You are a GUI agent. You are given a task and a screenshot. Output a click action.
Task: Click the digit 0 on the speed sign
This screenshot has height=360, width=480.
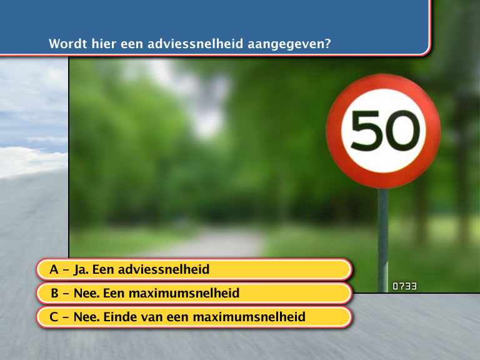[403, 131]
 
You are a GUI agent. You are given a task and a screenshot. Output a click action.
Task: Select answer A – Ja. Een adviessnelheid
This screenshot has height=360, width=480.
[194, 269]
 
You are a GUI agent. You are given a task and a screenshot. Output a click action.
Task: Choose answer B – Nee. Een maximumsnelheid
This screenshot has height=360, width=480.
[194, 293]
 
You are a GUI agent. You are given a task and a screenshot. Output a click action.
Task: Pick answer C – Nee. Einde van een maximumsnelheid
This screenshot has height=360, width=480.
[194, 317]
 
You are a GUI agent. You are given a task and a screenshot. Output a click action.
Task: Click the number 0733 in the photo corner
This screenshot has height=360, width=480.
[404, 286]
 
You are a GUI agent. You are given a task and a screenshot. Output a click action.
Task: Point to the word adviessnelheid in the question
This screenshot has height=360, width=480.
[195, 44]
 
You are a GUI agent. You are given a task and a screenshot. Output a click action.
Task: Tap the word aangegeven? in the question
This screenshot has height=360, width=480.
[289, 44]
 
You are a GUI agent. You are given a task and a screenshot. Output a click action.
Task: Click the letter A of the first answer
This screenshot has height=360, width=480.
[54, 269]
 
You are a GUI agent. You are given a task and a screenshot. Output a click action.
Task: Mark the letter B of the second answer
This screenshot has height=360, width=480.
[54, 293]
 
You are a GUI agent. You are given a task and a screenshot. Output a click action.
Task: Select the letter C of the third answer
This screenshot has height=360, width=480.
[54, 317]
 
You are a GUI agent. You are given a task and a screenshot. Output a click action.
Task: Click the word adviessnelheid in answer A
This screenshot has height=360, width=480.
[164, 269]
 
